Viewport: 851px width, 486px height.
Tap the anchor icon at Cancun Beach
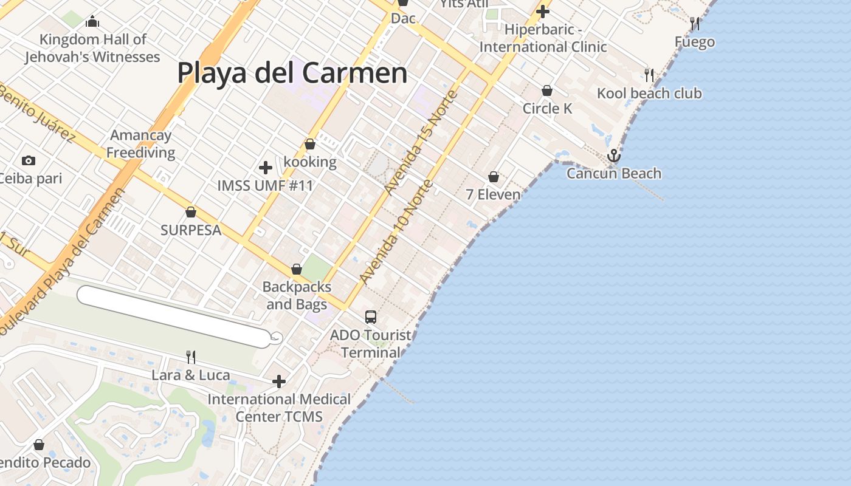click(614, 156)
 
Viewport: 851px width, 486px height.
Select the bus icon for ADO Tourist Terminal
click(371, 317)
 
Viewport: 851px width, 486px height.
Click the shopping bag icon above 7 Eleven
click(494, 177)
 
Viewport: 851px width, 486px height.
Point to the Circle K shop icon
click(547, 91)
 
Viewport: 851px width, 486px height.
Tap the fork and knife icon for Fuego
click(695, 24)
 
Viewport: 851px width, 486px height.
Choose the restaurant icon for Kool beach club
click(649, 75)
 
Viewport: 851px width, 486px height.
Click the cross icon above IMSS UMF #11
click(265, 168)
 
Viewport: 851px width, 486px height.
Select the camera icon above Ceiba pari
click(28, 161)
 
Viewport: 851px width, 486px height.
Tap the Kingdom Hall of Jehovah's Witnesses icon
click(92, 22)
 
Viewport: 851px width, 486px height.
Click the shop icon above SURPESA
click(191, 212)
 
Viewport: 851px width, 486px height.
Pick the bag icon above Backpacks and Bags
click(297, 269)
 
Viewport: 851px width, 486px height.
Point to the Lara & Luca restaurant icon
click(191, 357)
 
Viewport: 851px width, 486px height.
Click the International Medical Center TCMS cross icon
click(279, 382)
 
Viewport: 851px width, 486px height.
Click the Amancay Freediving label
click(141, 144)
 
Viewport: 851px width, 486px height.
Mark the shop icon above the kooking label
click(310, 144)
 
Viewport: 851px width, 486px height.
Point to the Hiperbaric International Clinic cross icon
click(543, 12)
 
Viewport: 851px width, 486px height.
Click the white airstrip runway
click(173, 317)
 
